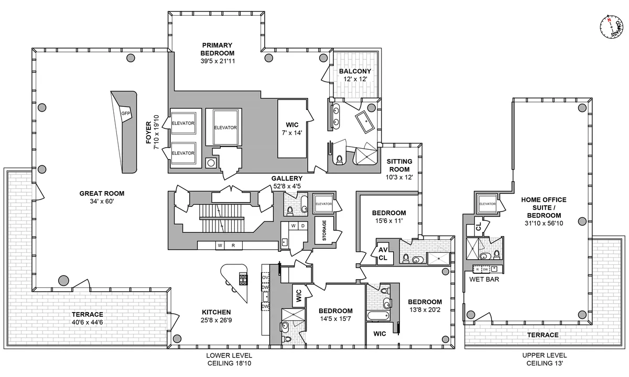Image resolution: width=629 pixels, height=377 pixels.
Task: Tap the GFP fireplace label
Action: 125,113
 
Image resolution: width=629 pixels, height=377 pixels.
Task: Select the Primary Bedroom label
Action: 217,49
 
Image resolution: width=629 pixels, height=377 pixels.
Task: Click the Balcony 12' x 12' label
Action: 355,75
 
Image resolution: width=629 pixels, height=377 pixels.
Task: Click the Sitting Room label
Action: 399,165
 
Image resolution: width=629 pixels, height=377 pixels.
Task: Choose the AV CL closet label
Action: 383,254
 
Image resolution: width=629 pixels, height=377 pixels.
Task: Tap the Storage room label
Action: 324,230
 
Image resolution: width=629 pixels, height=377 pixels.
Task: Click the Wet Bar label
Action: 484,280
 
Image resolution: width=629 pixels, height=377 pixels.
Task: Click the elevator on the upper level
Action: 487,204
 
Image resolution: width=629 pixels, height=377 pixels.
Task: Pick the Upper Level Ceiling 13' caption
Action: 543,359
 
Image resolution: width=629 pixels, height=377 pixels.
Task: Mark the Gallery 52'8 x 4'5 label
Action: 287,181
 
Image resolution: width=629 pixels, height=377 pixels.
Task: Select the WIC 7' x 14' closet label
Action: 292,128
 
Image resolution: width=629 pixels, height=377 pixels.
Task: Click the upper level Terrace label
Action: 543,335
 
